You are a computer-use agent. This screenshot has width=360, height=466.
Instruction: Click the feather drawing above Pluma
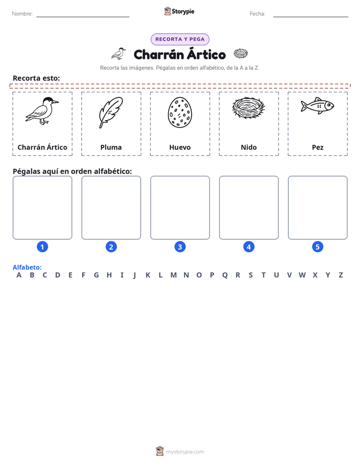110,112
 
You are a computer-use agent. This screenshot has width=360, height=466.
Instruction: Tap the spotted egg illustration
179,112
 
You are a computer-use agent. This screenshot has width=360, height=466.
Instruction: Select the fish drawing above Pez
317,105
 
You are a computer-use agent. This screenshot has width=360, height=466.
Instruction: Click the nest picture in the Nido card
249,107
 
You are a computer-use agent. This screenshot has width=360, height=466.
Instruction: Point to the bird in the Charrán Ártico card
42,111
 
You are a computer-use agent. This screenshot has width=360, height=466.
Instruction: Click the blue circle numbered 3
180,247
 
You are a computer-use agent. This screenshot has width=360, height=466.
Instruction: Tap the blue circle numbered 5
318,247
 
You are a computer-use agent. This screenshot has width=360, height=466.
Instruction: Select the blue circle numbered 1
42,247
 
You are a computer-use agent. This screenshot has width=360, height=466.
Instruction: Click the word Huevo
180,147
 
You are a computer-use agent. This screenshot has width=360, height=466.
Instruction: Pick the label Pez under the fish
318,147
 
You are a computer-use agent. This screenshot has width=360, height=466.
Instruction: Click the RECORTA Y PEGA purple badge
180,39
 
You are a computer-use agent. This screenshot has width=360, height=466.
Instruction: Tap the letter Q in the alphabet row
225,275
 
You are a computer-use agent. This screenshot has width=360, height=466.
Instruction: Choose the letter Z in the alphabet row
341,275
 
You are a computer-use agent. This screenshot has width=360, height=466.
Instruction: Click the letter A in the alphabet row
19,275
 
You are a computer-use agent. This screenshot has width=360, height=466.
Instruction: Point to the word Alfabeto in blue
27,267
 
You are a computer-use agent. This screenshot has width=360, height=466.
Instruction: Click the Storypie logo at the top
179,11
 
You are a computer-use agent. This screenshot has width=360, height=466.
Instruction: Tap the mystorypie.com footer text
185,452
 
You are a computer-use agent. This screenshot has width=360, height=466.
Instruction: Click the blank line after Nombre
83,17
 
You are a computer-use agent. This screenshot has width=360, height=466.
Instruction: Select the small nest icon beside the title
241,53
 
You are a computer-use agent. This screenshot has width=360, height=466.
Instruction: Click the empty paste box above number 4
249,207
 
